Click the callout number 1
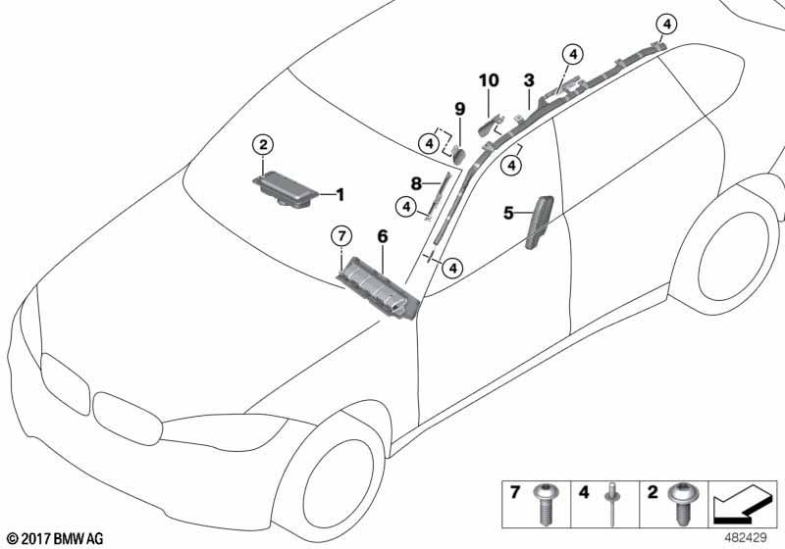coord(340,195)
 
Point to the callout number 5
coord(509,212)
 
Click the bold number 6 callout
coord(382,235)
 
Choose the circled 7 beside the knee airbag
coord(340,235)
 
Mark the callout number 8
coord(415,182)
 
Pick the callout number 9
coord(458,108)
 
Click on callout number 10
coord(489,79)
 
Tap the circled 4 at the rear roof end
coord(666,23)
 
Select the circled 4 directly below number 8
coord(404,206)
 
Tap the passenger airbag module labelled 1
coord(289,187)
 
